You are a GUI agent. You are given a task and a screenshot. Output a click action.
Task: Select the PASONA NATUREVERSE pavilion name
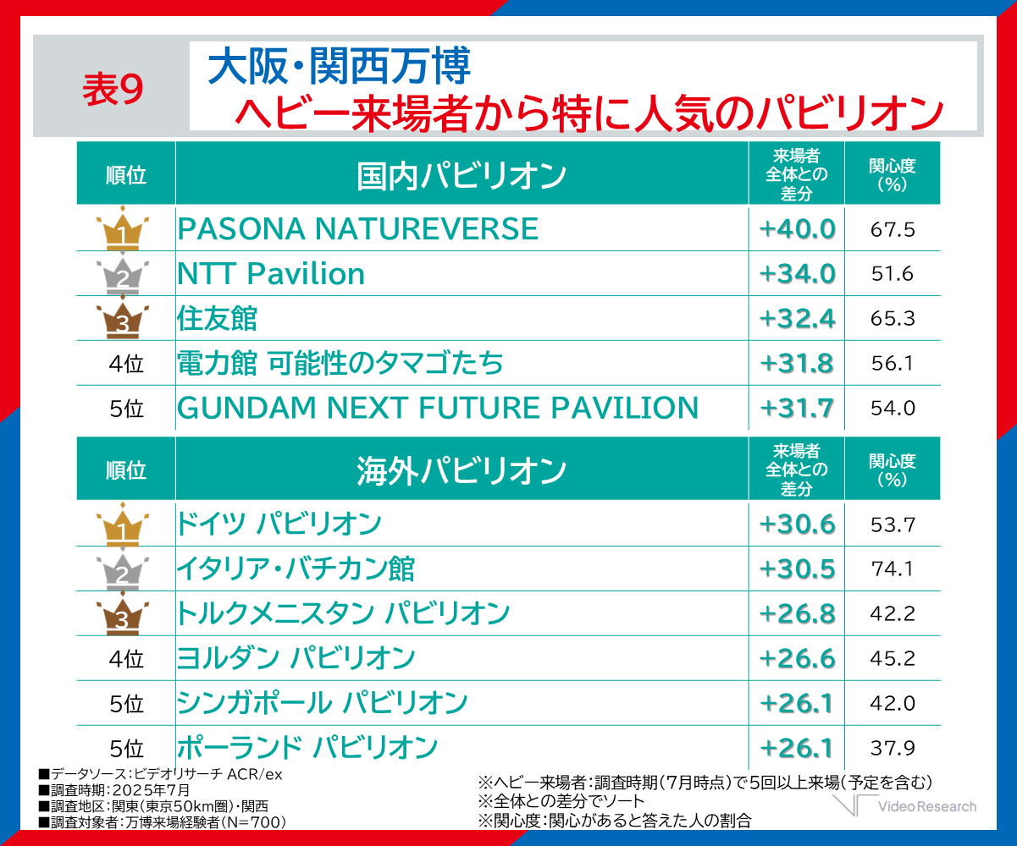357,229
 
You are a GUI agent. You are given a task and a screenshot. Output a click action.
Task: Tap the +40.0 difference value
797,229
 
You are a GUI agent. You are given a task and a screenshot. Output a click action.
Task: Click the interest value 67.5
893,229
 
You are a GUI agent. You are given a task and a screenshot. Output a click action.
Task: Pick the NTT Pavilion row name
271,274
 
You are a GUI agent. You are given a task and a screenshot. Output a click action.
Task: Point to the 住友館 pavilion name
217,319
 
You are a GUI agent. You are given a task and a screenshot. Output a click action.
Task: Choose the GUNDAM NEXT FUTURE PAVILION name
438,409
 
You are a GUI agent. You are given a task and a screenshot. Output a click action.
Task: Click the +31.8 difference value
797,364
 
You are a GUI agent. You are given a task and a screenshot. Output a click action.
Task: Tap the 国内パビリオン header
462,175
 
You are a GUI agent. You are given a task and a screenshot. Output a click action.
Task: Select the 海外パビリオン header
462,470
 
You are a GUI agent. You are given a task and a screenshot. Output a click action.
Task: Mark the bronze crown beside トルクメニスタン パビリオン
123,613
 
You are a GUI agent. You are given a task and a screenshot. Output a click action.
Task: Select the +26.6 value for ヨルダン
797,658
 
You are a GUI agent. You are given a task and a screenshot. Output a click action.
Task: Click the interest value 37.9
893,748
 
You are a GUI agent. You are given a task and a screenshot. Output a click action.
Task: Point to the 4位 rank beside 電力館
126,365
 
